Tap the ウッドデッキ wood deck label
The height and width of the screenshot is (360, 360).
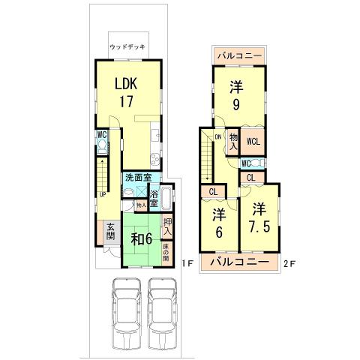coord(127,46)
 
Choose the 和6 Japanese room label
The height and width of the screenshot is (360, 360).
coord(142,240)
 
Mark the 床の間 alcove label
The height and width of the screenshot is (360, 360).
coord(166,253)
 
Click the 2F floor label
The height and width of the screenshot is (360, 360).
coord(290,262)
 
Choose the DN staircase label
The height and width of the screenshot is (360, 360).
coord(217,137)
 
